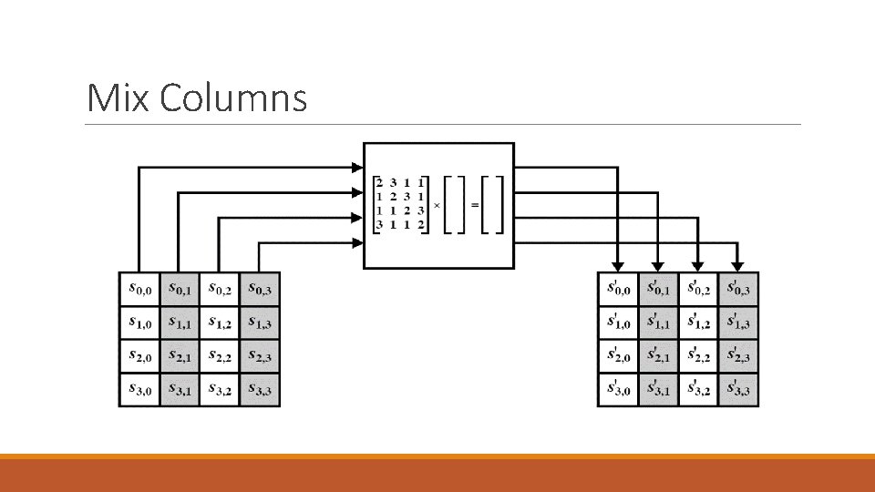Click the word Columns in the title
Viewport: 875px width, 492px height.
pyautogui.click(x=233, y=98)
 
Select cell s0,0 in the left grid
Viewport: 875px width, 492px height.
pyautogui.click(x=139, y=289)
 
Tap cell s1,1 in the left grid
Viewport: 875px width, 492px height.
pyautogui.click(x=180, y=323)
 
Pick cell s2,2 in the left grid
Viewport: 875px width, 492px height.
pyautogui.click(x=220, y=356)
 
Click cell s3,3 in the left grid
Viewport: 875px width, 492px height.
pyautogui.click(x=261, y=390)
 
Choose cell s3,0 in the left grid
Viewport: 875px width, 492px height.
pyautogui.click(x=139, y=390)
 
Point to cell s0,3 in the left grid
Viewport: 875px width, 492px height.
pyautogui.click(x=261, y=289)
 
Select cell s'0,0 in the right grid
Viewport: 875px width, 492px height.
pyautogui.click(x=618, y=289)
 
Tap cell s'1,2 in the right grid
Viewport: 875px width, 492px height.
pyautogui.click(x=698, y=323)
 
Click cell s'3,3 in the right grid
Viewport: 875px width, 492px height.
pyautogui.click(x=739, y=390)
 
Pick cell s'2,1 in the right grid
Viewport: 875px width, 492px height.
pyautogui.click(x=658, y=356)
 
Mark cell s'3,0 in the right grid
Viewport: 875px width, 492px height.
pyautogui.click(x=618, y=390)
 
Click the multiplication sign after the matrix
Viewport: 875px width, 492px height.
pyautogui.click(x=437, y=205)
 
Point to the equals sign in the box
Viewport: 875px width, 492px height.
pyautogui.click(x=474, y=205)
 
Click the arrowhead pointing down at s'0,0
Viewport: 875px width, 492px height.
pyautogui.click(x=619, y=266)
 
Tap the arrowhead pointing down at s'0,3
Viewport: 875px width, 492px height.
pyautogui.click(x=739, y=266)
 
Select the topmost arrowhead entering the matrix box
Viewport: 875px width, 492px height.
pyautogui.click(x=356, y=167)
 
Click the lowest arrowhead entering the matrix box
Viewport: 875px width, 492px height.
pyautogui.click(x=356, y=242)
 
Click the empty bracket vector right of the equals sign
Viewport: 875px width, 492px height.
pyautogui.click(x=492, y=205)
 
